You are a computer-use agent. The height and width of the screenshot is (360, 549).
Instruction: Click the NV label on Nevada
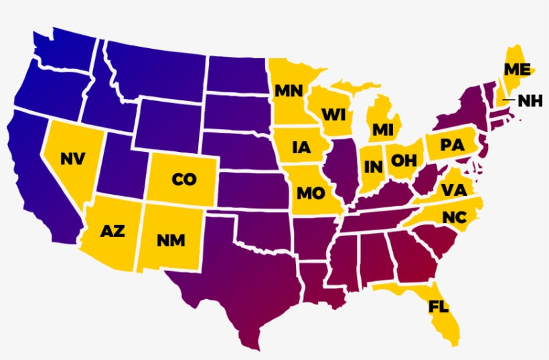pos(72,159)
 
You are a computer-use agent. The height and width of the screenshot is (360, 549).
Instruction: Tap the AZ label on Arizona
pos(112,232)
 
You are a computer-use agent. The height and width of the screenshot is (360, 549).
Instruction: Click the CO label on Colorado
pos(183,179)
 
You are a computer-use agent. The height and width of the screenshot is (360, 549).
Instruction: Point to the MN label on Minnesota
pos(289,90)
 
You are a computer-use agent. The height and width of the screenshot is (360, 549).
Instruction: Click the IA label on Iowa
pos(302,148)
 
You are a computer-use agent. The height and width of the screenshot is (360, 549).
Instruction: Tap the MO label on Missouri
pos(311,194)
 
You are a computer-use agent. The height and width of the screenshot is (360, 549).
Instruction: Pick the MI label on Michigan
pos(382,129)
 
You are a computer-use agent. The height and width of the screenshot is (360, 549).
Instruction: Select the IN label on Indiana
pos(373,165)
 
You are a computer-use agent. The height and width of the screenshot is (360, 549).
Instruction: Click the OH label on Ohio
pos(404,160)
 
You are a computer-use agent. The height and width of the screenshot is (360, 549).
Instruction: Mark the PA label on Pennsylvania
pos(452,145)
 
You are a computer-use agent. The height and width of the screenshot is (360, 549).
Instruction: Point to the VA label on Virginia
pos(453,191)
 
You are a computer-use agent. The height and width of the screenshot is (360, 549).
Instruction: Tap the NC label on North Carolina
pos(454,217)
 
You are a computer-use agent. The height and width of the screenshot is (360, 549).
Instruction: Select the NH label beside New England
pos(531,101)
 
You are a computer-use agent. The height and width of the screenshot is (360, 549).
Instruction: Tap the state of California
pos(40,181)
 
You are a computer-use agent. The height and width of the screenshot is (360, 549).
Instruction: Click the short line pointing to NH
pos(509,100)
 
